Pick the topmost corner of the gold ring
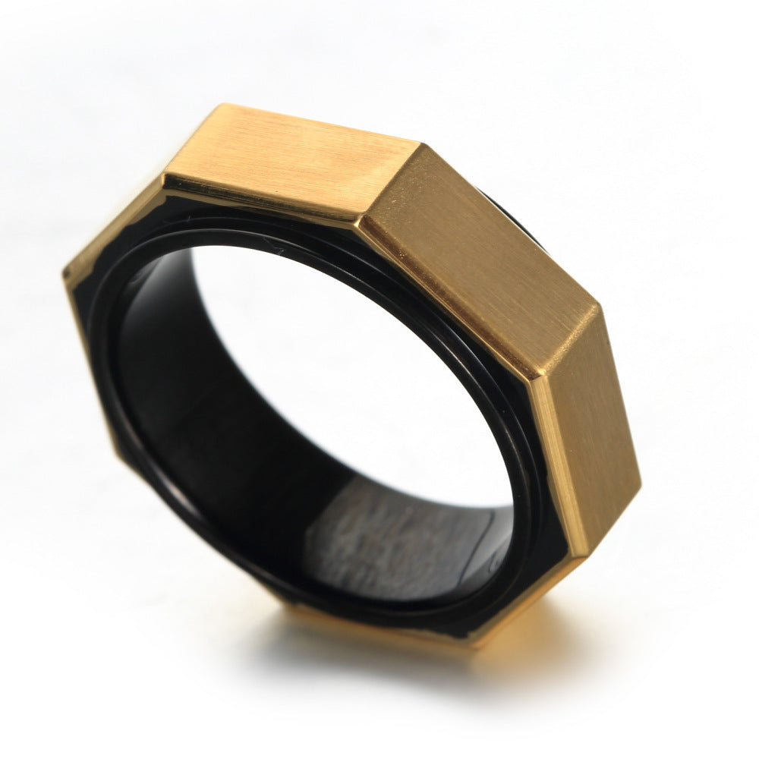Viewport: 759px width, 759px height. [220, 106]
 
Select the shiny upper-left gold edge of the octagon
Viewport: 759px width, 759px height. [114, 220]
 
